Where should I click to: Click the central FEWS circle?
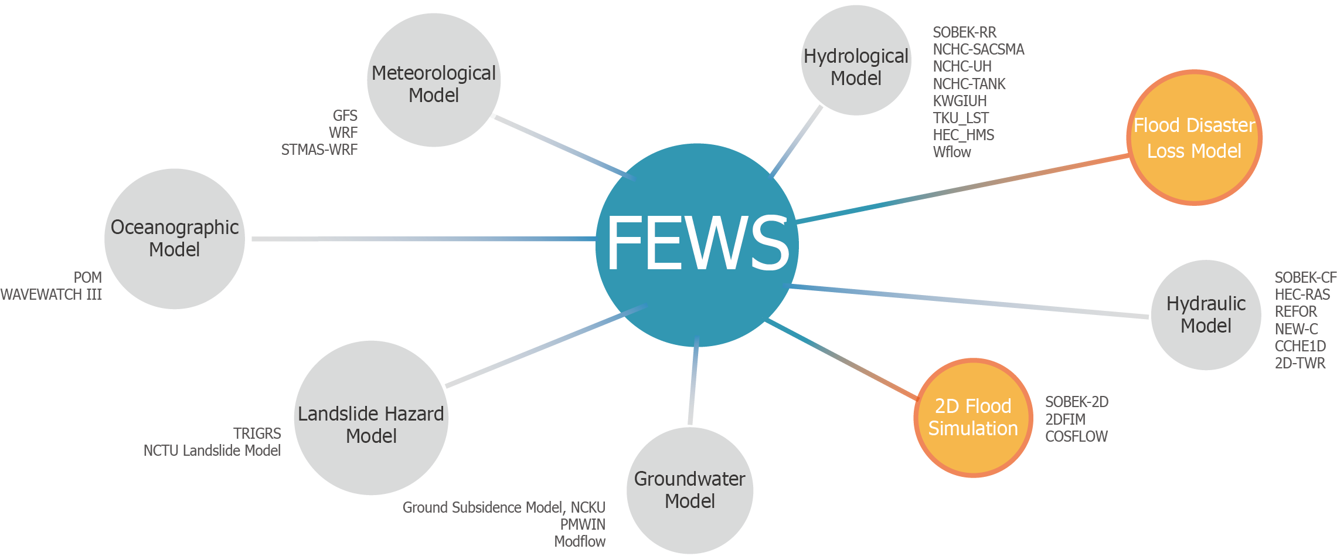point(696,245)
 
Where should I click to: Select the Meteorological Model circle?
point(434,80)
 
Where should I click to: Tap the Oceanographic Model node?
point(175,239)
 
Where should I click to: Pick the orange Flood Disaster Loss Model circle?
point(1194,138)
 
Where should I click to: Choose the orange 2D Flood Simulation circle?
point(973,418)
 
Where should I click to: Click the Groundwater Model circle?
point(690,490)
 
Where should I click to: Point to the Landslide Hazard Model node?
point(371,418)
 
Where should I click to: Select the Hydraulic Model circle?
point(1206,315)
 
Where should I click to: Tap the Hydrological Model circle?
point(856,60)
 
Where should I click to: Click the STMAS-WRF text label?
point(319,150)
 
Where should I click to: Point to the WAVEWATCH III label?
point(51,294)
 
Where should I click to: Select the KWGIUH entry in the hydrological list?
point(960,101)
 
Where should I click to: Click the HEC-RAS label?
point(1302,294)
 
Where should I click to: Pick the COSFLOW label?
point(1076,436)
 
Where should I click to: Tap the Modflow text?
point(580,541)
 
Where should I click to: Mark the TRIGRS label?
point(257,433)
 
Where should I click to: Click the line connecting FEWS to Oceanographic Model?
point(422,239)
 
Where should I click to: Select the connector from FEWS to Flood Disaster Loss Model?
point(961,189)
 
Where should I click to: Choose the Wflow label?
point(952,153)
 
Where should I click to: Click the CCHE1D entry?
point(1300,346)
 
